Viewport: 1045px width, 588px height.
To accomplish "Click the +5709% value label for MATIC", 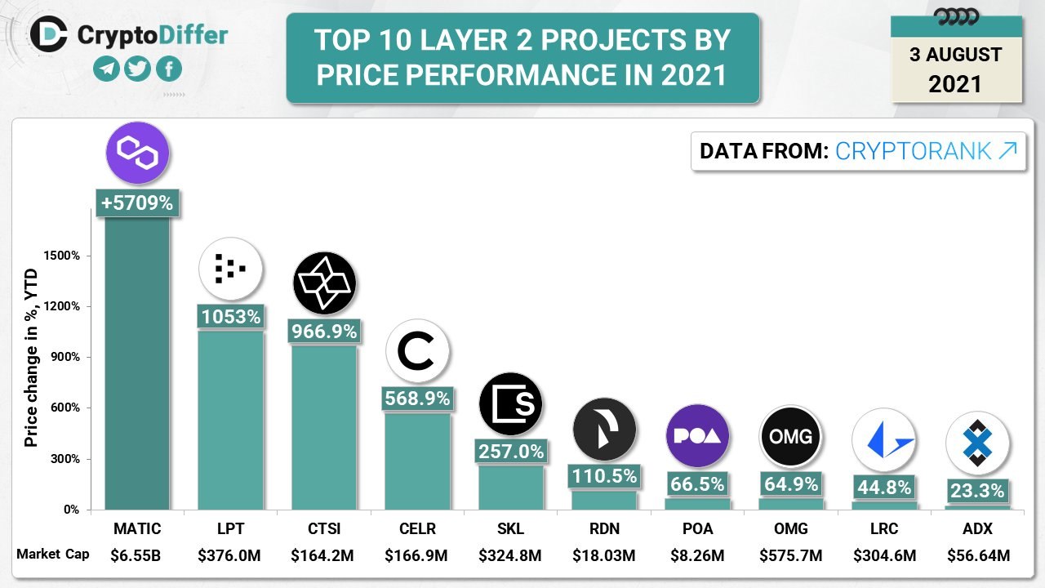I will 137,203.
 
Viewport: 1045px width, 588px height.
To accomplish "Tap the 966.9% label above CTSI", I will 324,332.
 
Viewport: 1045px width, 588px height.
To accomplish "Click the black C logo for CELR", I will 418,351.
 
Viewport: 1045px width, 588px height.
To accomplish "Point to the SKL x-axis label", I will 510,529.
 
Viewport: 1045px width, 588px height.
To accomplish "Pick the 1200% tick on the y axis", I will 62,306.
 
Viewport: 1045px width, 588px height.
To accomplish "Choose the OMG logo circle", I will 791,436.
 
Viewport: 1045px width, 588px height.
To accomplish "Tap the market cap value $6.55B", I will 136,555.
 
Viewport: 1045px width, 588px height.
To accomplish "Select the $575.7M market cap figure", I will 791,555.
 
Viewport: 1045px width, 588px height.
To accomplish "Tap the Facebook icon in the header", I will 168,69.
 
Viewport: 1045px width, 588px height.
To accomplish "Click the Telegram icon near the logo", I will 106,69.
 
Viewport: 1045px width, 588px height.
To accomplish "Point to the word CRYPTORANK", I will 914,151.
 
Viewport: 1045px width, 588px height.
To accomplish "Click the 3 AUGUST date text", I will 955,56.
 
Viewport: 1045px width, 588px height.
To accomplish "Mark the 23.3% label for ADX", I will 977,491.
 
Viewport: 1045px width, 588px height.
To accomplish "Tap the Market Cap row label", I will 53,555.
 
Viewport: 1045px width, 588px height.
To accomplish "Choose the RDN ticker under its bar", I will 604,529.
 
